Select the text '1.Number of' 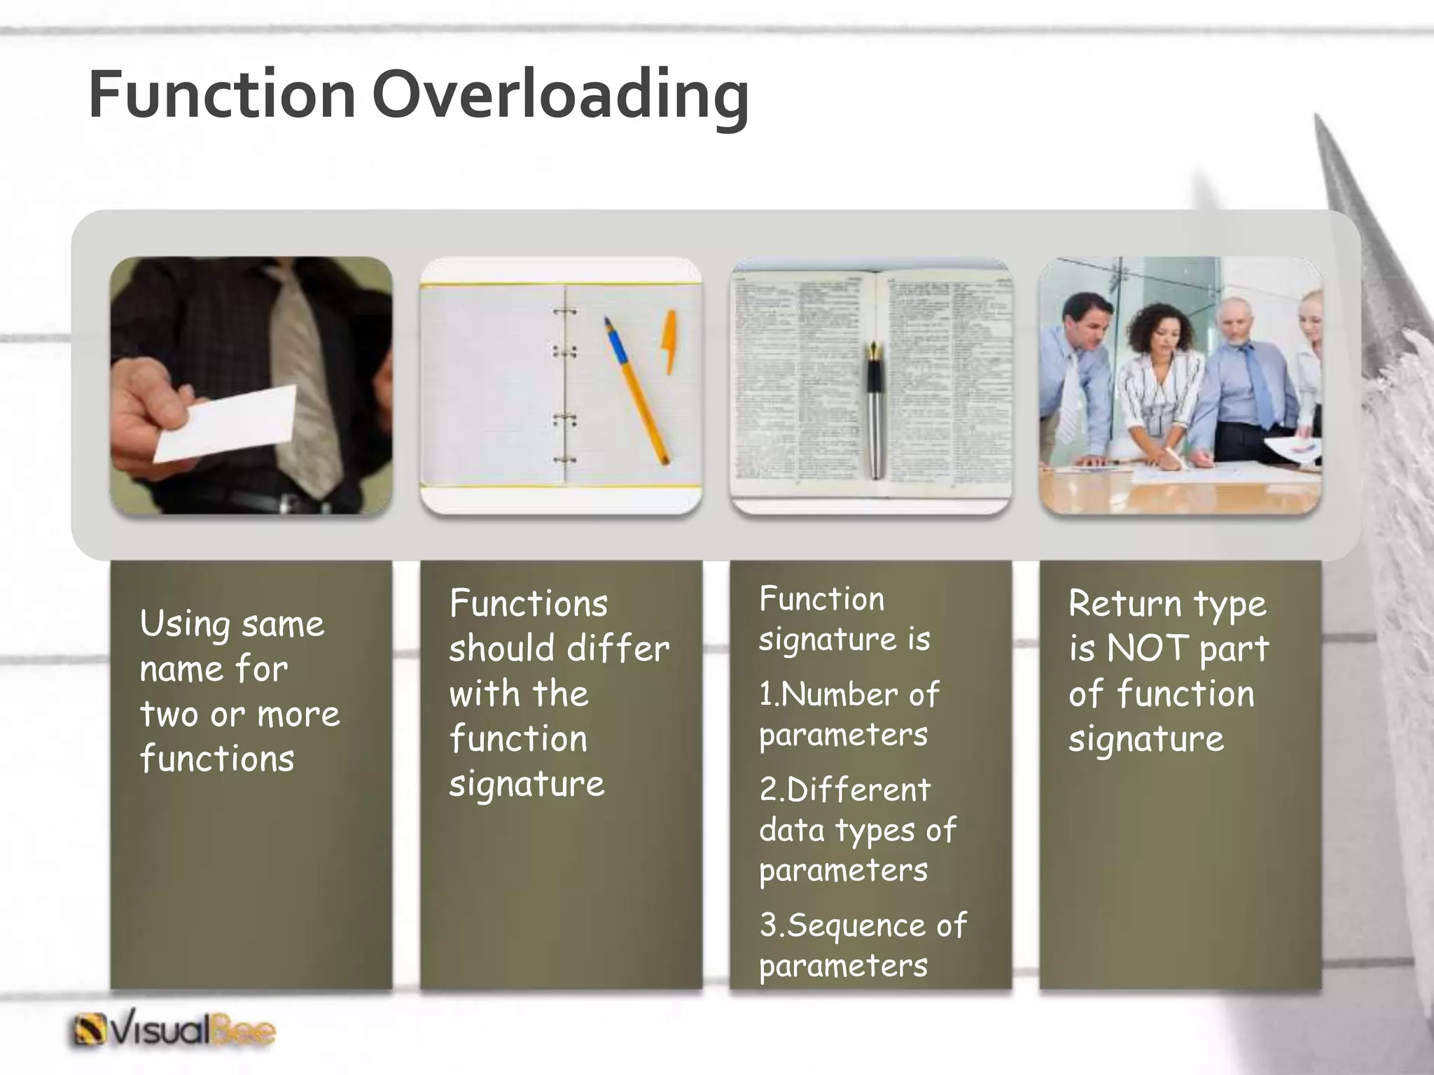[x=849, y=694]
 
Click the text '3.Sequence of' [x=863, y=925]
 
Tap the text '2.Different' [x=844, y=789]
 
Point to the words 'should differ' [x=559, y=648]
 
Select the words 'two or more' [x=239, y=714]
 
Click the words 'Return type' [x=1167, y=603]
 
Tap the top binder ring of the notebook [x=564, y=312]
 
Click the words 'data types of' [x=857, y=831]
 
